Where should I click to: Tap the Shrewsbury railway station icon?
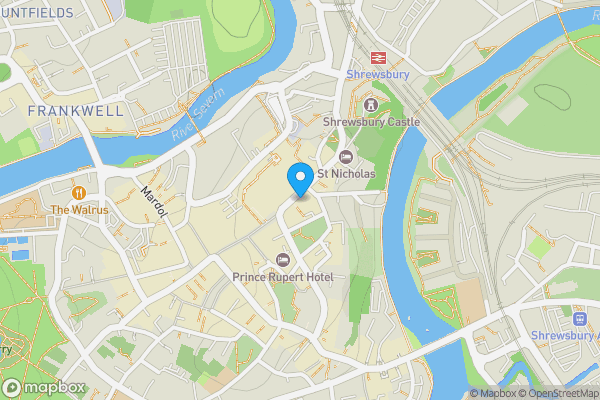coord(378,57)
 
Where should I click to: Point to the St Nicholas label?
coord(346,174)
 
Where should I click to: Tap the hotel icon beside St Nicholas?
coord(346,156)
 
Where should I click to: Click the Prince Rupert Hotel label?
coord(282,276)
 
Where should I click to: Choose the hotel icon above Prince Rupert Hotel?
coord(282,259)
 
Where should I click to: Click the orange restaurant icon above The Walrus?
coord(78,191)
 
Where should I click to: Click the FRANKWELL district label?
coord(77,110)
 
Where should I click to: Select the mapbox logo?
coord(45,387)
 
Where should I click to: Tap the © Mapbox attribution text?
coord(493,393)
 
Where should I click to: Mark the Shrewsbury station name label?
coord(377,75)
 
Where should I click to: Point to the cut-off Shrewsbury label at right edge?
coord(565,335)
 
